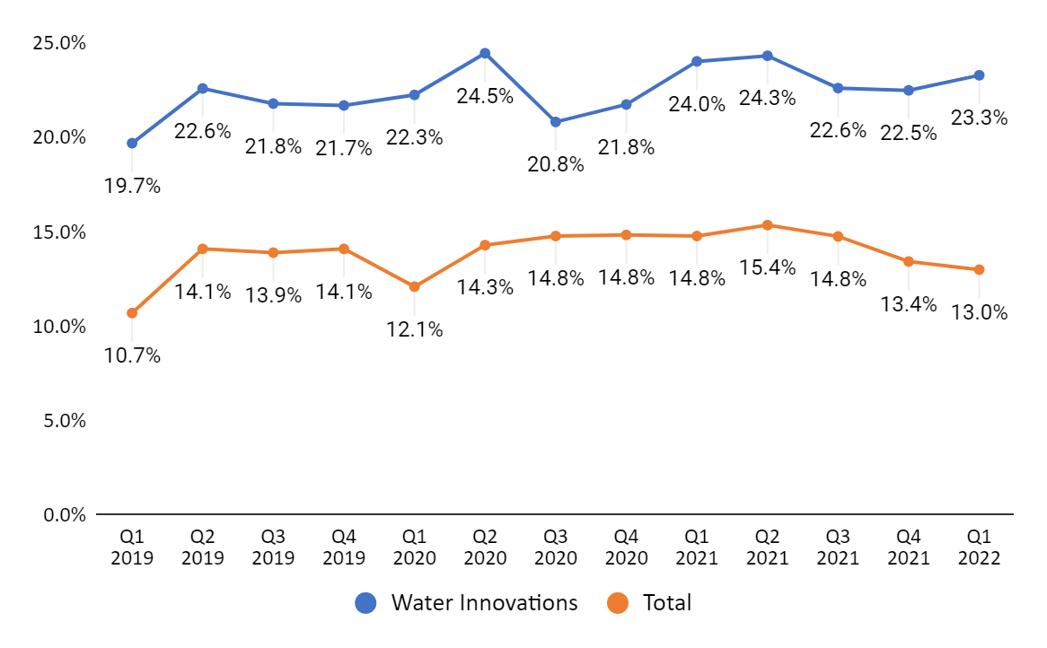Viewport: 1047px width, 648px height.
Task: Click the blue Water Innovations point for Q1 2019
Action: pyautogui.click(x=132, y=144)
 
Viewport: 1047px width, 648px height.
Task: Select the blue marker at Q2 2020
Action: pyautogui.click(x=485, y=54)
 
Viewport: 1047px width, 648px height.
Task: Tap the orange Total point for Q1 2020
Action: pyautogui.click(x=414, y=286)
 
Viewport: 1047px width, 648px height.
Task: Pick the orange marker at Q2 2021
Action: pyautogui.click(x=767, y=225)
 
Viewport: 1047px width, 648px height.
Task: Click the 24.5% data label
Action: pyautogui.click(x=485, y=96)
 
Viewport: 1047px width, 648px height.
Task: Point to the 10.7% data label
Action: pyautogui.click(x=132, y=355)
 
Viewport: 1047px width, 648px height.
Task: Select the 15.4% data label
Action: pyautogui.click(x=767, y=267)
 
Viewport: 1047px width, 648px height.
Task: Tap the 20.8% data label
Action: pyautogui.click(x=555, y=164)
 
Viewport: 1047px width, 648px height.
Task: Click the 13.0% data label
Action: pyautogui.click(x=979, y=312)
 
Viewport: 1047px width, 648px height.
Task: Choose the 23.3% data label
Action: pyautogui.click(x=979, y=118)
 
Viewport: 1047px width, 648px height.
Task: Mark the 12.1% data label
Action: pyautogui.click(x=414, y=329)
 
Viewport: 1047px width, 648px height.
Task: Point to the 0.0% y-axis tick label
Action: pyautogui.click(x=64, y=515)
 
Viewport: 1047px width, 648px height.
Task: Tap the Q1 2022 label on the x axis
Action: pyautogui.click(x=979, y=547)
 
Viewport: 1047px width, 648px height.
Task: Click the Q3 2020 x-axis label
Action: pyautogui.click(x=555, y=547)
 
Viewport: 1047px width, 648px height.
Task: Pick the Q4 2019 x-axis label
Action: pyautogui.click(x=344, y=547)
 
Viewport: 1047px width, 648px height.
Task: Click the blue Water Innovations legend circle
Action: pyautogui.click(x=366, y=603)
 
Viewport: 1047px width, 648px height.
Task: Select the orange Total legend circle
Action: pyautogui.click(x=618, y=603)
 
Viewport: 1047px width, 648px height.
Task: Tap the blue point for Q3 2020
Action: pyautogui.click(x=555, y=122)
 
